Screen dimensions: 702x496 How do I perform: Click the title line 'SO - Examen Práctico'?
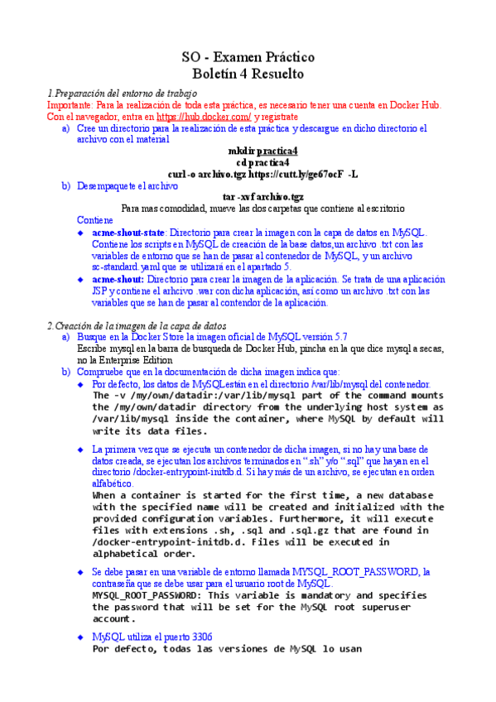[x=248, y=58]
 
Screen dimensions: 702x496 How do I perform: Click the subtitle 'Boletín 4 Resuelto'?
[x=248, y=75]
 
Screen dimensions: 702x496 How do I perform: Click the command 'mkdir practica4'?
[x=262, y=151]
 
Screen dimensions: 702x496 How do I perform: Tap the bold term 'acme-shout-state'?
[x=128, y=233]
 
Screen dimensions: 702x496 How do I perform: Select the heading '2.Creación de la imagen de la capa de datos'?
[x=136, y=326]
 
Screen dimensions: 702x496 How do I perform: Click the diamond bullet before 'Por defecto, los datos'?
[x=80, y=385]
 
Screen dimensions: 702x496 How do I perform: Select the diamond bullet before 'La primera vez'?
[x=80, y=449]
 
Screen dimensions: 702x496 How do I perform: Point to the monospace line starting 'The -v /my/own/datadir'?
[x=267, y=396]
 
